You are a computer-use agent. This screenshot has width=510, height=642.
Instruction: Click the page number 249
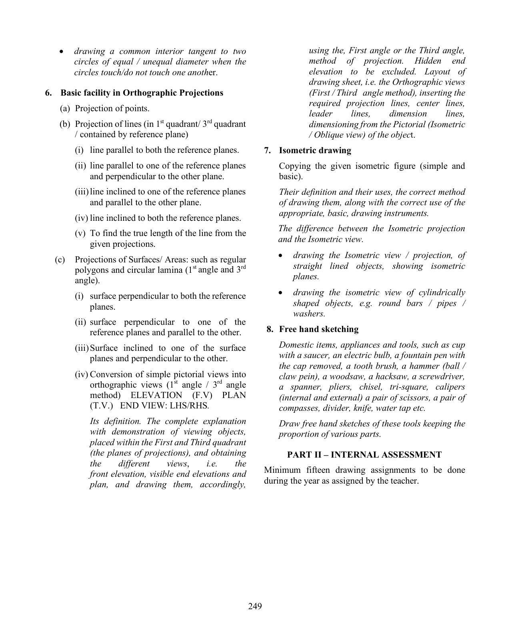[x=255, y=606]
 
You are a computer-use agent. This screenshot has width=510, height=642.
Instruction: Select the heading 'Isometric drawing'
[x=315, y=151]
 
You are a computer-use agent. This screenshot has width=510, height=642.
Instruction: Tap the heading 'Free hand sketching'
[x=318, y=329]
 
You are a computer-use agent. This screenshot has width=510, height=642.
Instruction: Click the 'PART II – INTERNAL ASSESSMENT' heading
[x=364, y=455]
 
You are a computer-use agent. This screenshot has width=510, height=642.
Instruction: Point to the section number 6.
[x=48, y=93]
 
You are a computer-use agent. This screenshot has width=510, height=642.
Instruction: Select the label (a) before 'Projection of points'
[x=64, y=108]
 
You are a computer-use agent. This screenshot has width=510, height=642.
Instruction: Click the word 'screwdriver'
[x=444, y=376]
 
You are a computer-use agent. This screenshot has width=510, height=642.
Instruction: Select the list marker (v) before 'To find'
[x=80, y=233]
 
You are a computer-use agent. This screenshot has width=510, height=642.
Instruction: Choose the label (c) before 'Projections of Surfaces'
[x=60, y=260]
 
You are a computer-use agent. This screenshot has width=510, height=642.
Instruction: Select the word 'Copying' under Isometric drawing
[x=294, y=166]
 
